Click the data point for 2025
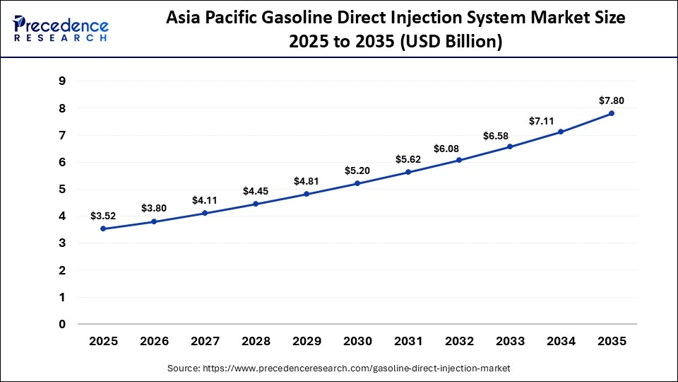pos(103,228)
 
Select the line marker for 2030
pos(357,183)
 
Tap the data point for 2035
pos(612,113)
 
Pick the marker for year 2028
pos(256,204)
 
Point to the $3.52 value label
pos(103,216)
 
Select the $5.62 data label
pos(408,159)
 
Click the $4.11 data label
pos(205,200)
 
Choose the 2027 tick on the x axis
pos(205,341)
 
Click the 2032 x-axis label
pos(459,341)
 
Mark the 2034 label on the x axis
pos(561,341)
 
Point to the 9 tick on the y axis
pos(62,81)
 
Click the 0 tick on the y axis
pos(62,325)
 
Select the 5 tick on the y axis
pos(62,190)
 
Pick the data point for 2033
pos(510,146)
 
